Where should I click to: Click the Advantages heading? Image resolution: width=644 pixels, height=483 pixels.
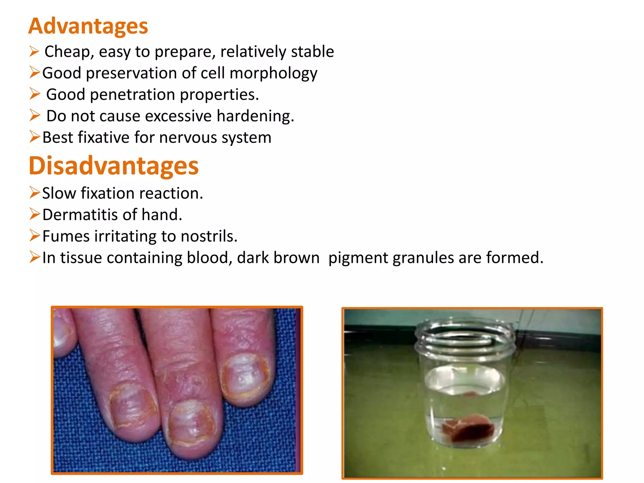point(88,26)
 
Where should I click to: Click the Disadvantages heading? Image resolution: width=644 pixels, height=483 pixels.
point(114,166)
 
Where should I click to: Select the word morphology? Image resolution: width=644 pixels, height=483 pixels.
point(273,74)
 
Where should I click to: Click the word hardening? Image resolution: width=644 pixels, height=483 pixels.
point(255,116)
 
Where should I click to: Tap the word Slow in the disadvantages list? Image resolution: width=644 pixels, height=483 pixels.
point(59,193)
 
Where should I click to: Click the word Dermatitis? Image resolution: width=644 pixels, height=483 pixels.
point(80,215)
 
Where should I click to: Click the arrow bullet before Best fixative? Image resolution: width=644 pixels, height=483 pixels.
point(35,137)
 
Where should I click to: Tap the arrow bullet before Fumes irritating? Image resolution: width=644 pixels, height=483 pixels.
point(35,236)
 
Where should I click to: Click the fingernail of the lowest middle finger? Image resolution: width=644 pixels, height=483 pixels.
point(192,423)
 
